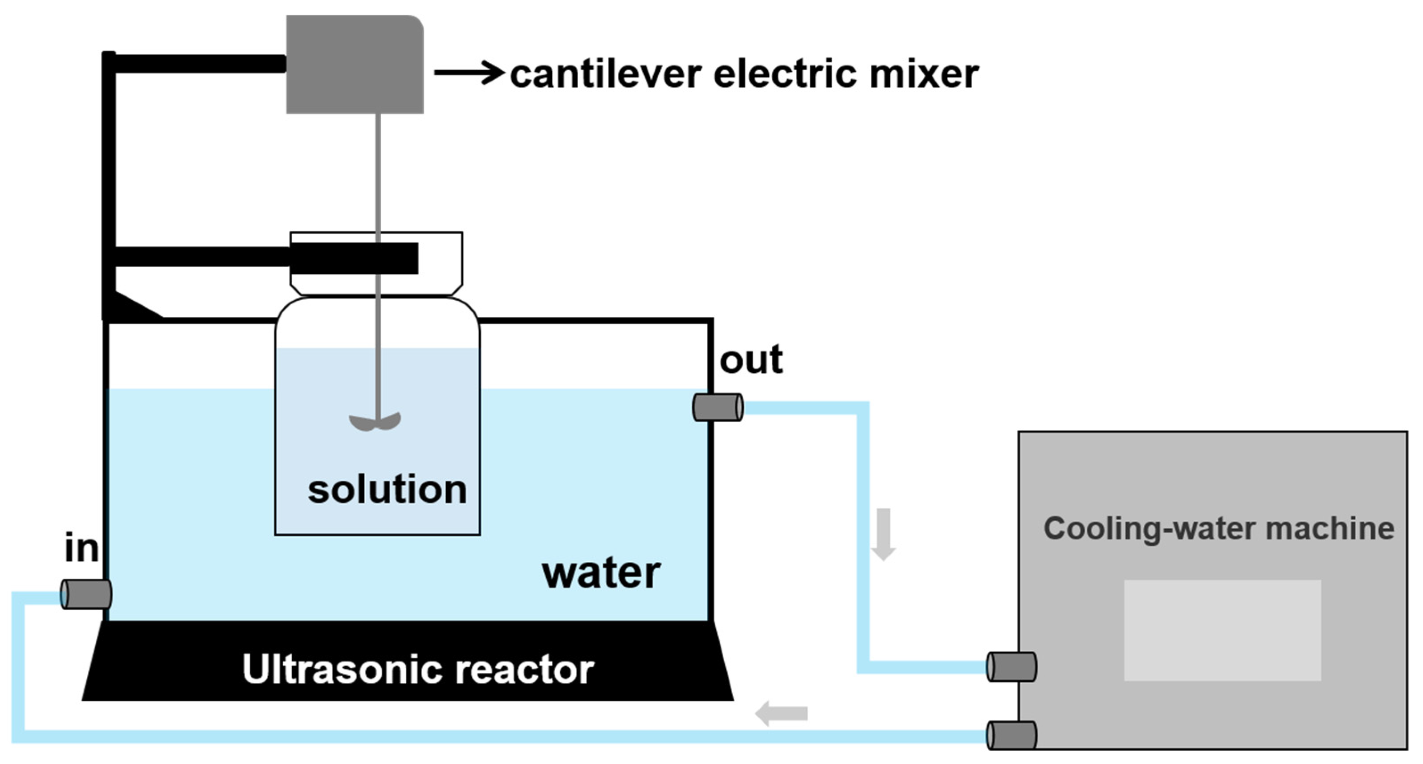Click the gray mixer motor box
pyautogui.click(x=355, y=65)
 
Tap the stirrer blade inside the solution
pyautogui.click(x=375, y=422)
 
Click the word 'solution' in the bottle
pyautogui.click(x=387, y=490)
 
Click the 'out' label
pyautogui.click(x=751, y=360)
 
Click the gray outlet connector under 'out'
pyautogui.click(x=718, y=408)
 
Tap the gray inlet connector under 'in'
pyautogui.click(x=86, y=594)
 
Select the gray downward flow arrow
pyautogui.click(x=883, y=534)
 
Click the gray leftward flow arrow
pyautogui.click(x=781, y=713)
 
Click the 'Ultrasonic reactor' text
pyautogui.click(x=418, y=670)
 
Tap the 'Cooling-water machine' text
pyautogui.click(x=1218, y=529)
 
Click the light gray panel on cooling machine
pyautogui.click(x=1222, y=630)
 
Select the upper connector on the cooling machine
pyautogui.click(x=1011, y=667)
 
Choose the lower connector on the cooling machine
pyautogui.click(x=1011, y=735)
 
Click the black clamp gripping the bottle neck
pyautogui.click(x=354, y=258)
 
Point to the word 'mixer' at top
pyautogui.click(x=924, y=74)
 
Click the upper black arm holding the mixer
pyautogui.click(x=199, y=64)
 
